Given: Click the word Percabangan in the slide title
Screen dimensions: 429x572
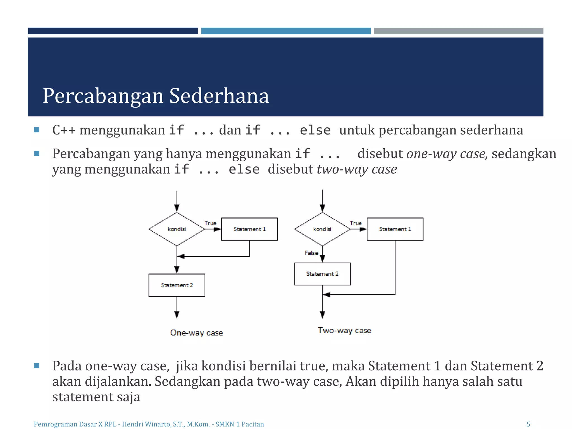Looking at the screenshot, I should point(103,96).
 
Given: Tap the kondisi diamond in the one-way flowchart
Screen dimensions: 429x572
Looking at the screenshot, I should point(177,229).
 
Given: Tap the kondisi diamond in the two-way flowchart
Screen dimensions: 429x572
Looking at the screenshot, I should point(322,229).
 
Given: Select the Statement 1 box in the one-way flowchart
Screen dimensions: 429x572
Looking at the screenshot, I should point(249,229).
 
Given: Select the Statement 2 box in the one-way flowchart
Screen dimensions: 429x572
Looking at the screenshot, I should point(177,285).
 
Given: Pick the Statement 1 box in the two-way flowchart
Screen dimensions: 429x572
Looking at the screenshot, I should point(395,229).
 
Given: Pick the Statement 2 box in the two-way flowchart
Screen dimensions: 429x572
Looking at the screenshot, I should point(322,274).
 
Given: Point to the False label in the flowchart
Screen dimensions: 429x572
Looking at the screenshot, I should point(311,253).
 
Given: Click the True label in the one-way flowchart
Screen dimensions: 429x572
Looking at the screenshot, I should point(210,223).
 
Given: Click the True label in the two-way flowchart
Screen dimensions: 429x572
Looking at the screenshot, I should point(356,223).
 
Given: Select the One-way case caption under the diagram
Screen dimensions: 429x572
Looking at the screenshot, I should point(196,333).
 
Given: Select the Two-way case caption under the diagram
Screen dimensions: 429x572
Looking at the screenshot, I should point(344,330).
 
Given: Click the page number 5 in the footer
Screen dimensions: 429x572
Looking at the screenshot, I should point(528,424).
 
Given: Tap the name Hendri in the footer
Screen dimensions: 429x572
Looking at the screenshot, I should point(132,424).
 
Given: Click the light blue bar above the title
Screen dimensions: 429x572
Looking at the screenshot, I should point(286,31).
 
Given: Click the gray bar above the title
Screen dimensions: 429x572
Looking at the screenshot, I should point(458,31).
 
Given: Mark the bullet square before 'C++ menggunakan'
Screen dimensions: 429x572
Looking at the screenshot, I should point(37,130).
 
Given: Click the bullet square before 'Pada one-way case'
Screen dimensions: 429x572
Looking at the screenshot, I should point(37,366).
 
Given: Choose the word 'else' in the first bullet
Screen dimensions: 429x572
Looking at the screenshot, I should point(315,130).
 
